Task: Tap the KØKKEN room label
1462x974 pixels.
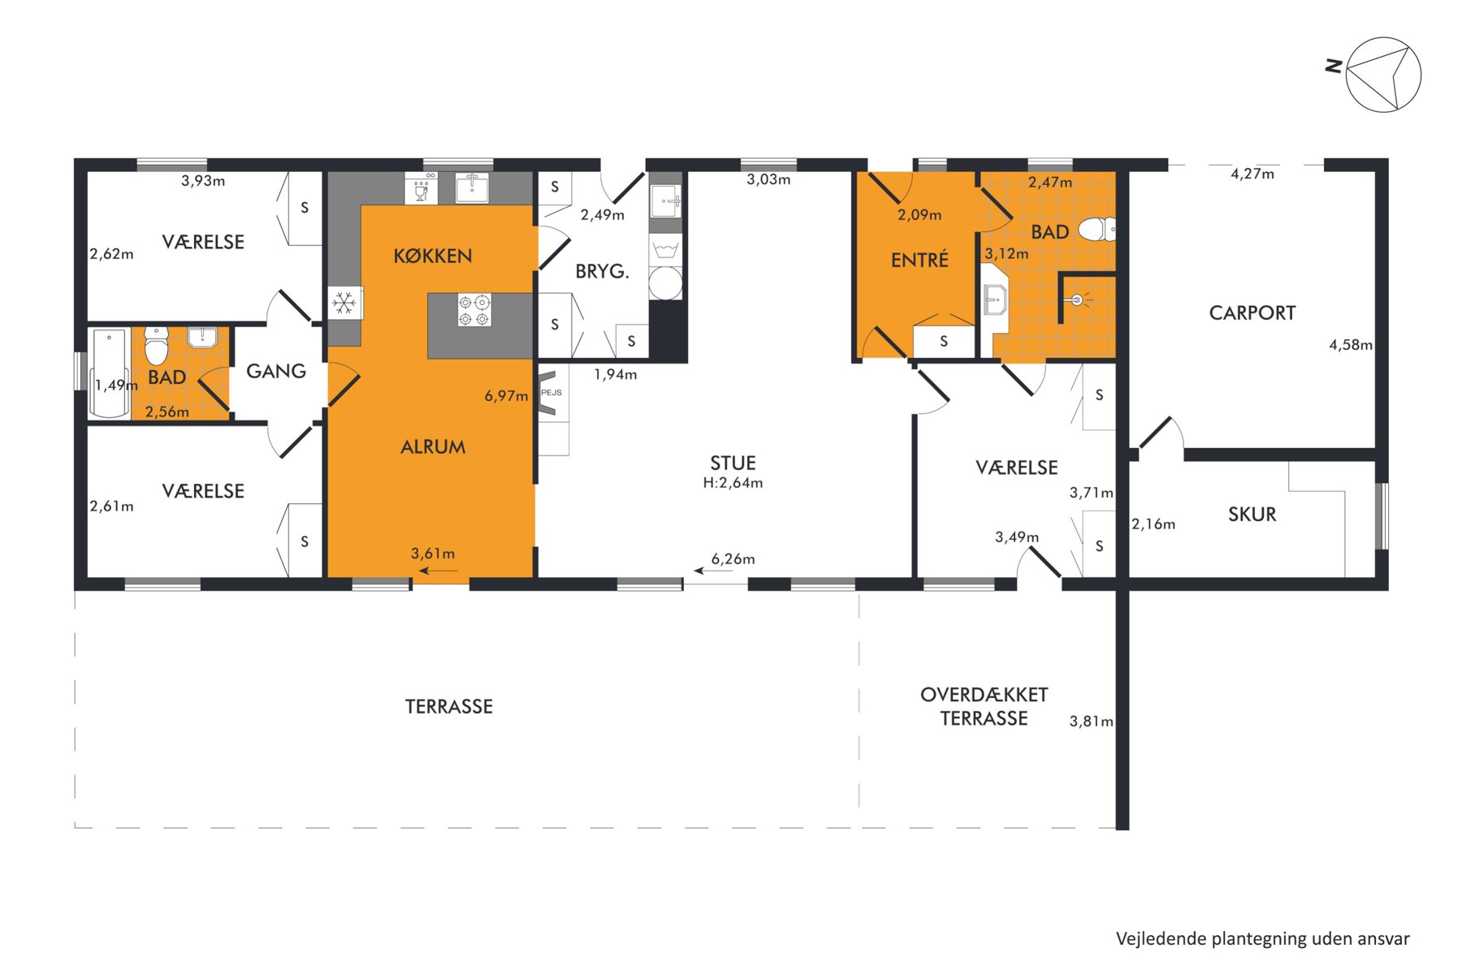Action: (433, 256)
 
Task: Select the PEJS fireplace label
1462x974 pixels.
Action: (551, 393)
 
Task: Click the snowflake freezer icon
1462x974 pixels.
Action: (344, 304)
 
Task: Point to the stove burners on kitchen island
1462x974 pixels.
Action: (474, 310)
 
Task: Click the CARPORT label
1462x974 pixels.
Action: (1252, 313)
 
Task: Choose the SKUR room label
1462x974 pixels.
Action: (1252, 515)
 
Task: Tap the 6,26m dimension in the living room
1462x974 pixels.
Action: (733, 559)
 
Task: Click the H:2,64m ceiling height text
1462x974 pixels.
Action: (733, 483)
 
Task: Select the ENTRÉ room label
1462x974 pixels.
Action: (920, 260)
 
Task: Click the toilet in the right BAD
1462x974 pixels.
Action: (1096, 230)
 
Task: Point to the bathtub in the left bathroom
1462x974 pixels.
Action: (110, 373)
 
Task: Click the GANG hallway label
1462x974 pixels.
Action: (276, 372)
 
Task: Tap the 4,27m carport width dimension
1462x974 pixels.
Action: (1252, 174)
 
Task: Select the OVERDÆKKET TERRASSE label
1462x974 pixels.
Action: (984, 707)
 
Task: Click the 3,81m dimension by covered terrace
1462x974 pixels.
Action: (1091, 722)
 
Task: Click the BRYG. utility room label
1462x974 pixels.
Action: (603, 272)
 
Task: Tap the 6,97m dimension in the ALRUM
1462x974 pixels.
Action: (506, 396)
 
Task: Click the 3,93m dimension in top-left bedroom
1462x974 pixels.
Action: (203, 181)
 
